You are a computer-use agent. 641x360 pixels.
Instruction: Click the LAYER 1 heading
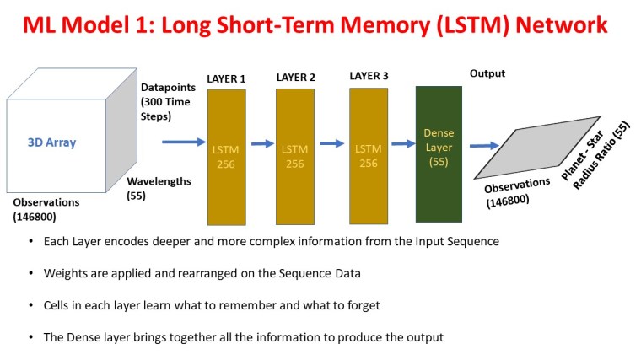click(x=226, y=79)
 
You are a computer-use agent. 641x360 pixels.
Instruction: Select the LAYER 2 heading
click(x=295, y=78)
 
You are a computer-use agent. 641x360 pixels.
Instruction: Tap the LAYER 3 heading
click(x=369, y=76)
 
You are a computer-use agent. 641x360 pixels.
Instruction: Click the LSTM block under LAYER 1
click(x=226, y=155)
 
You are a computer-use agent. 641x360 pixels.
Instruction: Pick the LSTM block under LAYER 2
click(x=294, y=155)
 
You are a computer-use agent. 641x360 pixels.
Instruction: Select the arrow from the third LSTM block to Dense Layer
click(x=403, y=142)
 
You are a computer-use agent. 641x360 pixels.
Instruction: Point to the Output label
click(x=487, y=73)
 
